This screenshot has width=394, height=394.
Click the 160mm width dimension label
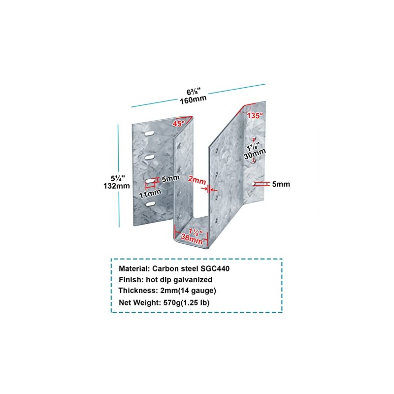[193, 98]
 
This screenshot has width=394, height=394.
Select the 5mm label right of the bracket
[281, 184]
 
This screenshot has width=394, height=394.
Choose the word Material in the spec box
[134, 269]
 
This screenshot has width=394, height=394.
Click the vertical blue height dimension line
[119, 175]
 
